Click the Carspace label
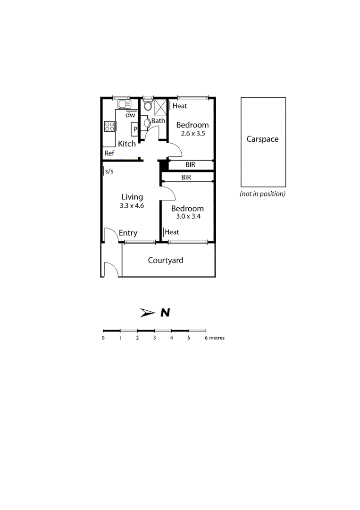pos(262,139)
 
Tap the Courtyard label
pos(166,260)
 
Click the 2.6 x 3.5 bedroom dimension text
pos(192,134)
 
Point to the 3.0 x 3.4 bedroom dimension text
pos(187,217)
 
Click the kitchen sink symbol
pos(124,104)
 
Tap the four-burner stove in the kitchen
pos(110,127)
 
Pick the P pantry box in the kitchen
pos(135,128)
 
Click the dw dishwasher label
pos(131,115)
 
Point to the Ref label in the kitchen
pos(109,153)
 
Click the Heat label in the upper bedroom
pos(180,106)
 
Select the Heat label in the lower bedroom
pos(172,232)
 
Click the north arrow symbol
pos(147,313)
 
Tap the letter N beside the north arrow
pos(165,313)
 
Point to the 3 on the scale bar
pos(154,338)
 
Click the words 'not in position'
pos(262,194)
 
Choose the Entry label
pos(128,233)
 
